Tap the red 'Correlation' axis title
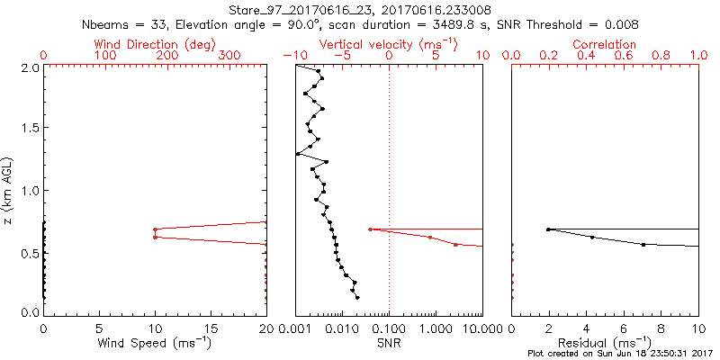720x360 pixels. click(x=605, y=44)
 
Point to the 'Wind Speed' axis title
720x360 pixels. click(x=155, y=343)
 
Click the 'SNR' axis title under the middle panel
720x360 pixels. click(x=389, y=343)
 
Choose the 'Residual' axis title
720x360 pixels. click(x=605, y=343)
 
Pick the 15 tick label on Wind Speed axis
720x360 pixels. click(x=211, y=328)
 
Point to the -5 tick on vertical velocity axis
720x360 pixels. click(x=339, y=56)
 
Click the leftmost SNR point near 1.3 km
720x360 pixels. click(x=297, y=154)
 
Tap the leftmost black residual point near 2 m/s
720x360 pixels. click(x=548, y=229)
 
